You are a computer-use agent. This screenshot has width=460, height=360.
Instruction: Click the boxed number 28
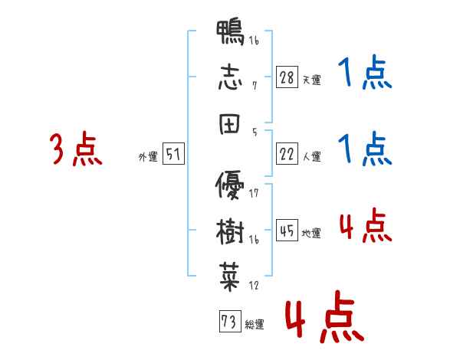287,78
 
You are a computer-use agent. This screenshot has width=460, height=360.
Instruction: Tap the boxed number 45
287,231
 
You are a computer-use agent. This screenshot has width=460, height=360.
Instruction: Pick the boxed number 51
172,155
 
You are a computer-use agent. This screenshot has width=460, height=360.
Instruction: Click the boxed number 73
228,321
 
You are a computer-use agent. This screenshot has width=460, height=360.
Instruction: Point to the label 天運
311,80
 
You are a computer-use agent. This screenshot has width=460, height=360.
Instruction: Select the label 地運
311,233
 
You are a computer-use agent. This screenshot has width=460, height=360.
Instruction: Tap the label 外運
147,157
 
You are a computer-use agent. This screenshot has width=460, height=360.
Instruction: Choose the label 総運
254,323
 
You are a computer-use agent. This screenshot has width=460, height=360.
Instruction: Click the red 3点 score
75,149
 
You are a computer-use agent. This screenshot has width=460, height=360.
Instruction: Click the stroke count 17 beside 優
254,193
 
